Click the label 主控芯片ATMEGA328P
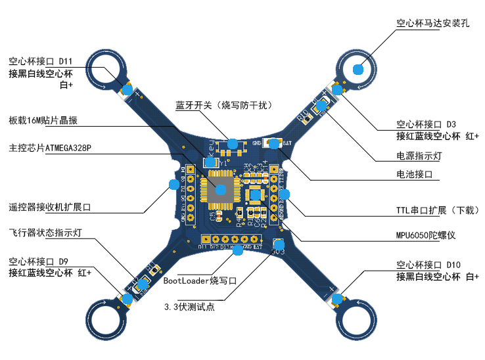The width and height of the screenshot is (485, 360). (51, 147)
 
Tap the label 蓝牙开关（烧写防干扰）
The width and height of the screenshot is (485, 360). (223, 105)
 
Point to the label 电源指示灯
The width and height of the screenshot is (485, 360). (419, 156)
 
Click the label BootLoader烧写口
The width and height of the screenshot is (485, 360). (199, 281)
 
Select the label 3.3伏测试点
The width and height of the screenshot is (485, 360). (191, 306)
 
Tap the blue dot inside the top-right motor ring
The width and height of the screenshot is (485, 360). (358, 68)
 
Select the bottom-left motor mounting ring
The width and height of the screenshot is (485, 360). (105, 319)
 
